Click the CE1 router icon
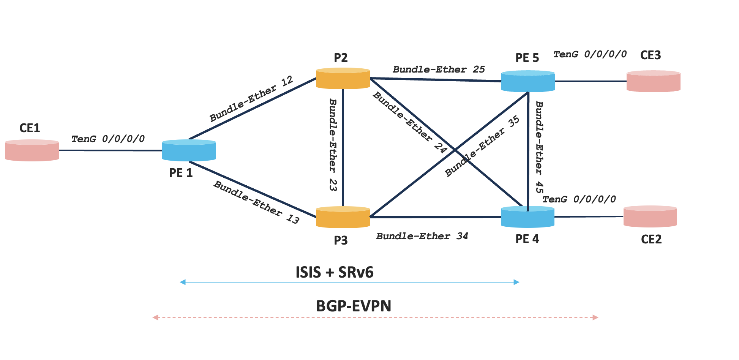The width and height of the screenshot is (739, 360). [32, 150]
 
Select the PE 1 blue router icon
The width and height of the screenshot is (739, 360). [189, 150]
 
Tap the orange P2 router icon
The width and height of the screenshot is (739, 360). [343, 79]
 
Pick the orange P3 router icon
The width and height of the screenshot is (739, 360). [343, 217]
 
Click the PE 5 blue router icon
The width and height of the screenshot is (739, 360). [528, 81]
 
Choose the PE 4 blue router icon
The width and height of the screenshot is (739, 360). [527, 217]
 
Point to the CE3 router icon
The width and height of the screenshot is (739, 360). [653, 81]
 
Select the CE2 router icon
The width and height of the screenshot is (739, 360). [650, 216]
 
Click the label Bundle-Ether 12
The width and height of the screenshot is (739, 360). [251, 99]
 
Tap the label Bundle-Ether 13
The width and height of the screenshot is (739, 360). [256, 202]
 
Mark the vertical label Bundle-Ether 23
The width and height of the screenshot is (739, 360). [333, 145]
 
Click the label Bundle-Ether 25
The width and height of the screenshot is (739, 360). [439, 69]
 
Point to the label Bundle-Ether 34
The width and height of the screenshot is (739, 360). [422, 236]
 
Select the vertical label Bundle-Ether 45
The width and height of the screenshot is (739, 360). [539, 147]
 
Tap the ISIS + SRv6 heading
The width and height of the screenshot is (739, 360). [335, 272]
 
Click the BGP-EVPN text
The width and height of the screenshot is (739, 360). [354, 306]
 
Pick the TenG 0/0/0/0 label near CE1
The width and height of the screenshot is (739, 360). [108, 139]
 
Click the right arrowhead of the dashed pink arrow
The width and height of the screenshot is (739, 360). [595, 317]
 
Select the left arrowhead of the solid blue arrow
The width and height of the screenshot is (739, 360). [183, 282]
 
